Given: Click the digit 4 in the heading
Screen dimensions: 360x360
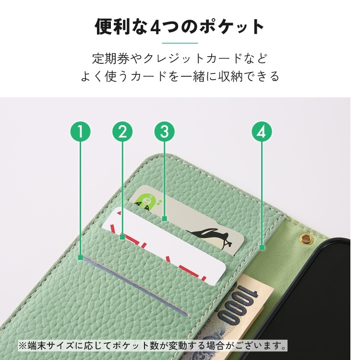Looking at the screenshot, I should [156, 27].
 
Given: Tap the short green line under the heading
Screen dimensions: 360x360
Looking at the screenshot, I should [180, 43].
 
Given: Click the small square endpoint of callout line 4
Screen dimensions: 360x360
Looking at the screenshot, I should [262, 248].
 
